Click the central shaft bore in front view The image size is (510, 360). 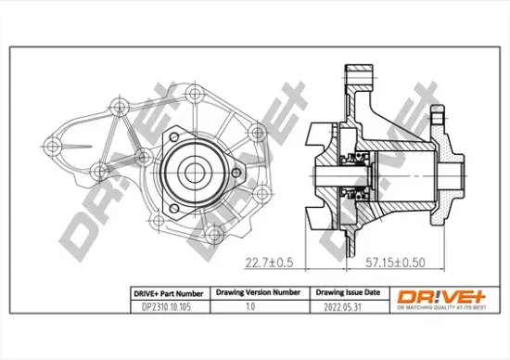(x=195, y=172)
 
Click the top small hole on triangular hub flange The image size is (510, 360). (x=173, y=135)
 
